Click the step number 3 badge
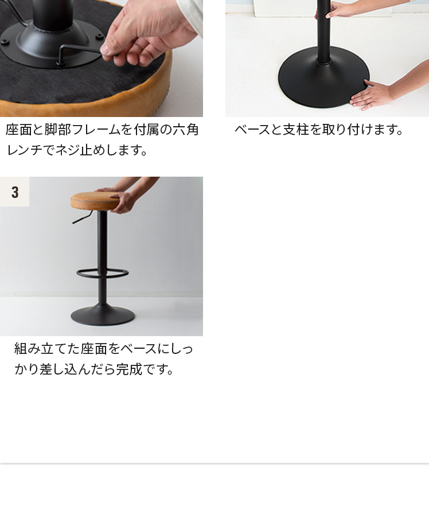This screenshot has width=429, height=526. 14,192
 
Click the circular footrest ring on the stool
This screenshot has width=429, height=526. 102,274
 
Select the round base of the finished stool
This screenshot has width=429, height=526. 103,315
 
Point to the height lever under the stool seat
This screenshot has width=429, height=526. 81,219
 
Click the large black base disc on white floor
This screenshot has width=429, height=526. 323,77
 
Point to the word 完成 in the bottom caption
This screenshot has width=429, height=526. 128,369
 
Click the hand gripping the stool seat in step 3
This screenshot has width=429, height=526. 122,202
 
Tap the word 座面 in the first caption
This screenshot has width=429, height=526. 18,130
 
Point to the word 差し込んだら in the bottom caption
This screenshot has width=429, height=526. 77,369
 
